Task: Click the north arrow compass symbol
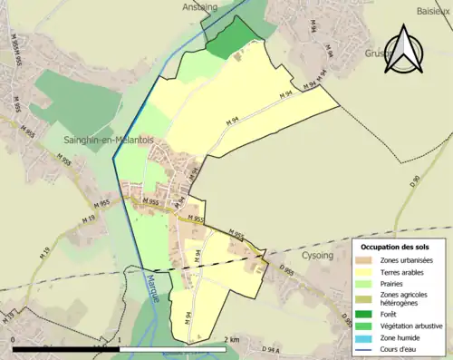pyautogui.click(x=403, y=50)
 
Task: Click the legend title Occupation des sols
pyautogui.click(x=400, y=246)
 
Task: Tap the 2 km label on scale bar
pyautogui.click(x=231, y=339)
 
